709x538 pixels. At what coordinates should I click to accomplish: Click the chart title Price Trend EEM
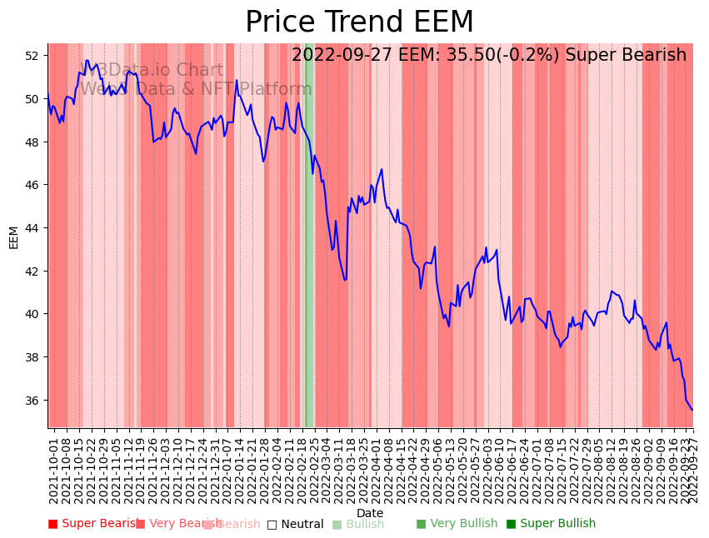(359, 22)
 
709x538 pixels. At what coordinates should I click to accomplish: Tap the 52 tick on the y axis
(31, 56)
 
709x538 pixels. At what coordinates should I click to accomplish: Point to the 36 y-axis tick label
(31, 401)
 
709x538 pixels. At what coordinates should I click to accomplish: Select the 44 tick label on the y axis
(31, 228)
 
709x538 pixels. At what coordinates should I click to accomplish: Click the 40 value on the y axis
(31, 314)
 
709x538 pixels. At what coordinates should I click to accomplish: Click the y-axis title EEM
(13, 237)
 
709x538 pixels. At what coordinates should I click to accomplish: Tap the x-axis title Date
(370, 513)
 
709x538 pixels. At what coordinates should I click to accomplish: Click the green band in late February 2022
(309, 250)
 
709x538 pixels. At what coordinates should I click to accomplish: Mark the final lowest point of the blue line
(692, 410)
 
